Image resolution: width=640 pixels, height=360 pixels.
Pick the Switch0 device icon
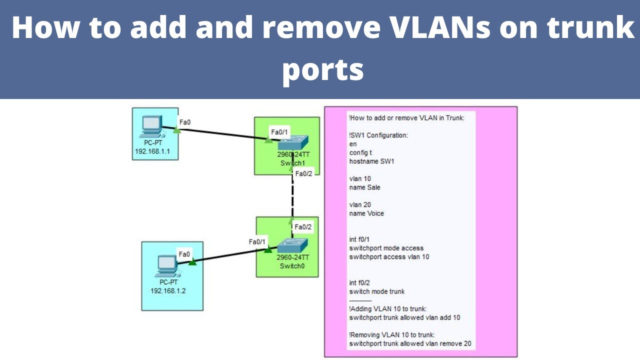click(292, 245)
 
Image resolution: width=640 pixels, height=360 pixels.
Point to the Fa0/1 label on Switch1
click(279, 132)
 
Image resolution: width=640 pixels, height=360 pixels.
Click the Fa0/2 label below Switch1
click(303, 173)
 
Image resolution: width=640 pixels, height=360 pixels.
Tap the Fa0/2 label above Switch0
click(303, 227)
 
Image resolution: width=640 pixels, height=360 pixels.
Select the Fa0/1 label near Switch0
click(258, 241)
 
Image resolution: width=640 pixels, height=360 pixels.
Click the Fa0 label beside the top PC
click(185, 121)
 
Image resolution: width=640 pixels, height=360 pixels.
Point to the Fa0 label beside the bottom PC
click(184, 254)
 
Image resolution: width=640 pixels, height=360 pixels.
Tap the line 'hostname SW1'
click(371, 161)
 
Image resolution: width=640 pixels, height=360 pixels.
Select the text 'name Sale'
click(364, 187)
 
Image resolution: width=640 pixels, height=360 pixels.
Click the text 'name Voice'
click(366, 213)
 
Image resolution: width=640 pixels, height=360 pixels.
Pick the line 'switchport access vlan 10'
click(389, 256)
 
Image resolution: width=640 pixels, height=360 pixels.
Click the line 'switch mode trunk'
click(377, 291)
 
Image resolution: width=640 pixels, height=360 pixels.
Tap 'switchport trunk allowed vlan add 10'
click(404, 317)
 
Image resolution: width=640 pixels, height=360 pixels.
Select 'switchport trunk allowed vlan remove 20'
click(410, 343)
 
